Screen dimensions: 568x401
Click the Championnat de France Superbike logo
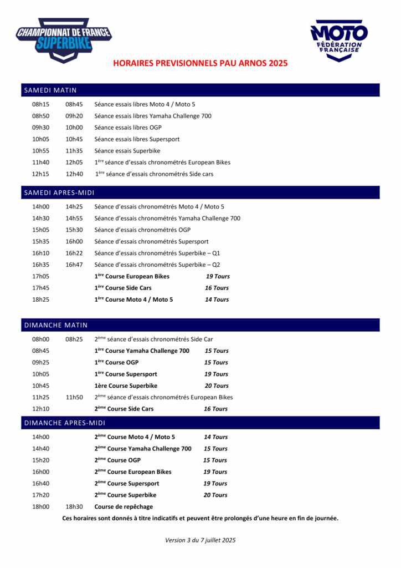64,39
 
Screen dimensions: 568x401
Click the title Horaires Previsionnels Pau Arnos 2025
200,64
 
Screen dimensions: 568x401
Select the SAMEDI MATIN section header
50,90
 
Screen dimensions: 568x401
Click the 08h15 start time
40,104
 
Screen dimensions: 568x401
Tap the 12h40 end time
74,174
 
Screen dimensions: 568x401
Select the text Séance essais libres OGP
128,128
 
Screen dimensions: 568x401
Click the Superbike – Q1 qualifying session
157,253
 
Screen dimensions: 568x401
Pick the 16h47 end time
74,265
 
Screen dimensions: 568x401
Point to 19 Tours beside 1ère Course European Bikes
218,276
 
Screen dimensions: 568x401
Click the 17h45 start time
40,288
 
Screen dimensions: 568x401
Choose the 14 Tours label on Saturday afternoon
217,300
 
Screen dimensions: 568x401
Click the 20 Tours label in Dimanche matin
217,386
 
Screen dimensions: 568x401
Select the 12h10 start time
40,409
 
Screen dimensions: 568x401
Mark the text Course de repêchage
124,506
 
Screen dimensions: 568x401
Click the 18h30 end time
74,506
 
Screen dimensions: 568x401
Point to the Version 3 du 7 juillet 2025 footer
200,540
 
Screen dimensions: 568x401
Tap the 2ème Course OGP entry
117,460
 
